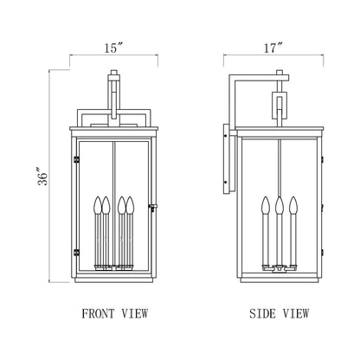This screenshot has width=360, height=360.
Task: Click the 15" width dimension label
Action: [x=113, y=48]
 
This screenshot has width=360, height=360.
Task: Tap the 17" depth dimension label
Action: [x=275, y=48]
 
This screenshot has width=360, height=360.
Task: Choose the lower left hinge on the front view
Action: [x=76, y=252]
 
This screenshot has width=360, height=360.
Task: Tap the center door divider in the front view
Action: [x=113, y=173]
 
